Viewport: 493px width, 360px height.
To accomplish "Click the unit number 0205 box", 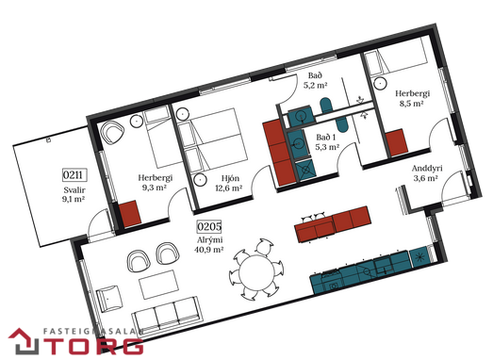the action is pos(209,226).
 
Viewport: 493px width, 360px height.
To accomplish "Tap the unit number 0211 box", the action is pos(74,174).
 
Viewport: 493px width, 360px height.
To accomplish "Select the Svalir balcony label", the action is pos(74,190).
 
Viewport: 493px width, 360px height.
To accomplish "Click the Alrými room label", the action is pos(210,240).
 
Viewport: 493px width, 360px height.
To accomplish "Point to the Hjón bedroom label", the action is pos(230,178).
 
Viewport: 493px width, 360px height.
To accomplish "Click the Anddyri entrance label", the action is pos(427,169).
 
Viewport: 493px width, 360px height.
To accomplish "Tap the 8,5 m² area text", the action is pos(411,103).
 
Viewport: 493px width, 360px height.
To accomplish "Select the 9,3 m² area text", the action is pos(155,188).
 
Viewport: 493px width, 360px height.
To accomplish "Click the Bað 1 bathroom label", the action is pos(326,138).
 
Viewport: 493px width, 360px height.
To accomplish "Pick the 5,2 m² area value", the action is pos(316,85).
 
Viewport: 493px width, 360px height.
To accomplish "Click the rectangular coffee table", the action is pos(159,285).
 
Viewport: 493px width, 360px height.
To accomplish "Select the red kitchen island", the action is pos(333,224).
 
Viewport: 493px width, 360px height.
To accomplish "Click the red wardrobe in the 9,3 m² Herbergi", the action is pos(130,214).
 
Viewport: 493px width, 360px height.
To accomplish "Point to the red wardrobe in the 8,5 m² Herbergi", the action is pos(397,142).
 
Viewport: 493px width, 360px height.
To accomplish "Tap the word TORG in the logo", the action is pos(97,346).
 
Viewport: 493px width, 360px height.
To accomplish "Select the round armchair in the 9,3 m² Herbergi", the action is pos(113,132).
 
